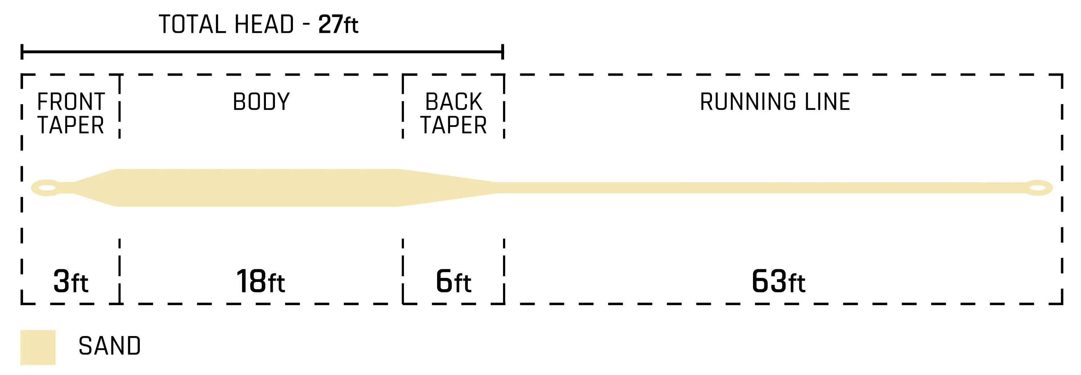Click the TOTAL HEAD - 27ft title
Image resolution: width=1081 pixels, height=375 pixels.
click(x=258, y=25)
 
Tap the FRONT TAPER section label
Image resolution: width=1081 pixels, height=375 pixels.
click(x=71, y=113)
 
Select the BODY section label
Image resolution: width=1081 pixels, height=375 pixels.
click(x=261, y=102)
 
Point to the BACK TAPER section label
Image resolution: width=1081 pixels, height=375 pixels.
click(x=453, y=113)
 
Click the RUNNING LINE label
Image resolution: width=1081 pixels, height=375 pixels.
click(x=775, y=102)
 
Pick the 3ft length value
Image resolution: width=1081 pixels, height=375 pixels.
click(x=71, y=281)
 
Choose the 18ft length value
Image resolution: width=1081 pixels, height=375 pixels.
click(x=261, y=281)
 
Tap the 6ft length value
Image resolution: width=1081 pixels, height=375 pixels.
click(x=453, y=281)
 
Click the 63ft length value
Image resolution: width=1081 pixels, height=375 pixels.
click(x=778, y=281)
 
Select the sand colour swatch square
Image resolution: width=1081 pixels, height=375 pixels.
click(x=38, y=347)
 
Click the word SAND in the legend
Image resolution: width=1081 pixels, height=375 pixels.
click(x=110, y=346)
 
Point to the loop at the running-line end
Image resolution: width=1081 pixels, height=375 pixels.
click(x=1038, y=188)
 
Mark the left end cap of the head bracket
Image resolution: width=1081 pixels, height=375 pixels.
click(x=22, y=52)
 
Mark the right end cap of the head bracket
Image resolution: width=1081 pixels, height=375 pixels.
click(x=502, y=52)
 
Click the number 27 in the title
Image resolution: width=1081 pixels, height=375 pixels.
click(x=330, y=25)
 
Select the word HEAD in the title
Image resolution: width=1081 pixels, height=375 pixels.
click(x=264, y=25)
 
